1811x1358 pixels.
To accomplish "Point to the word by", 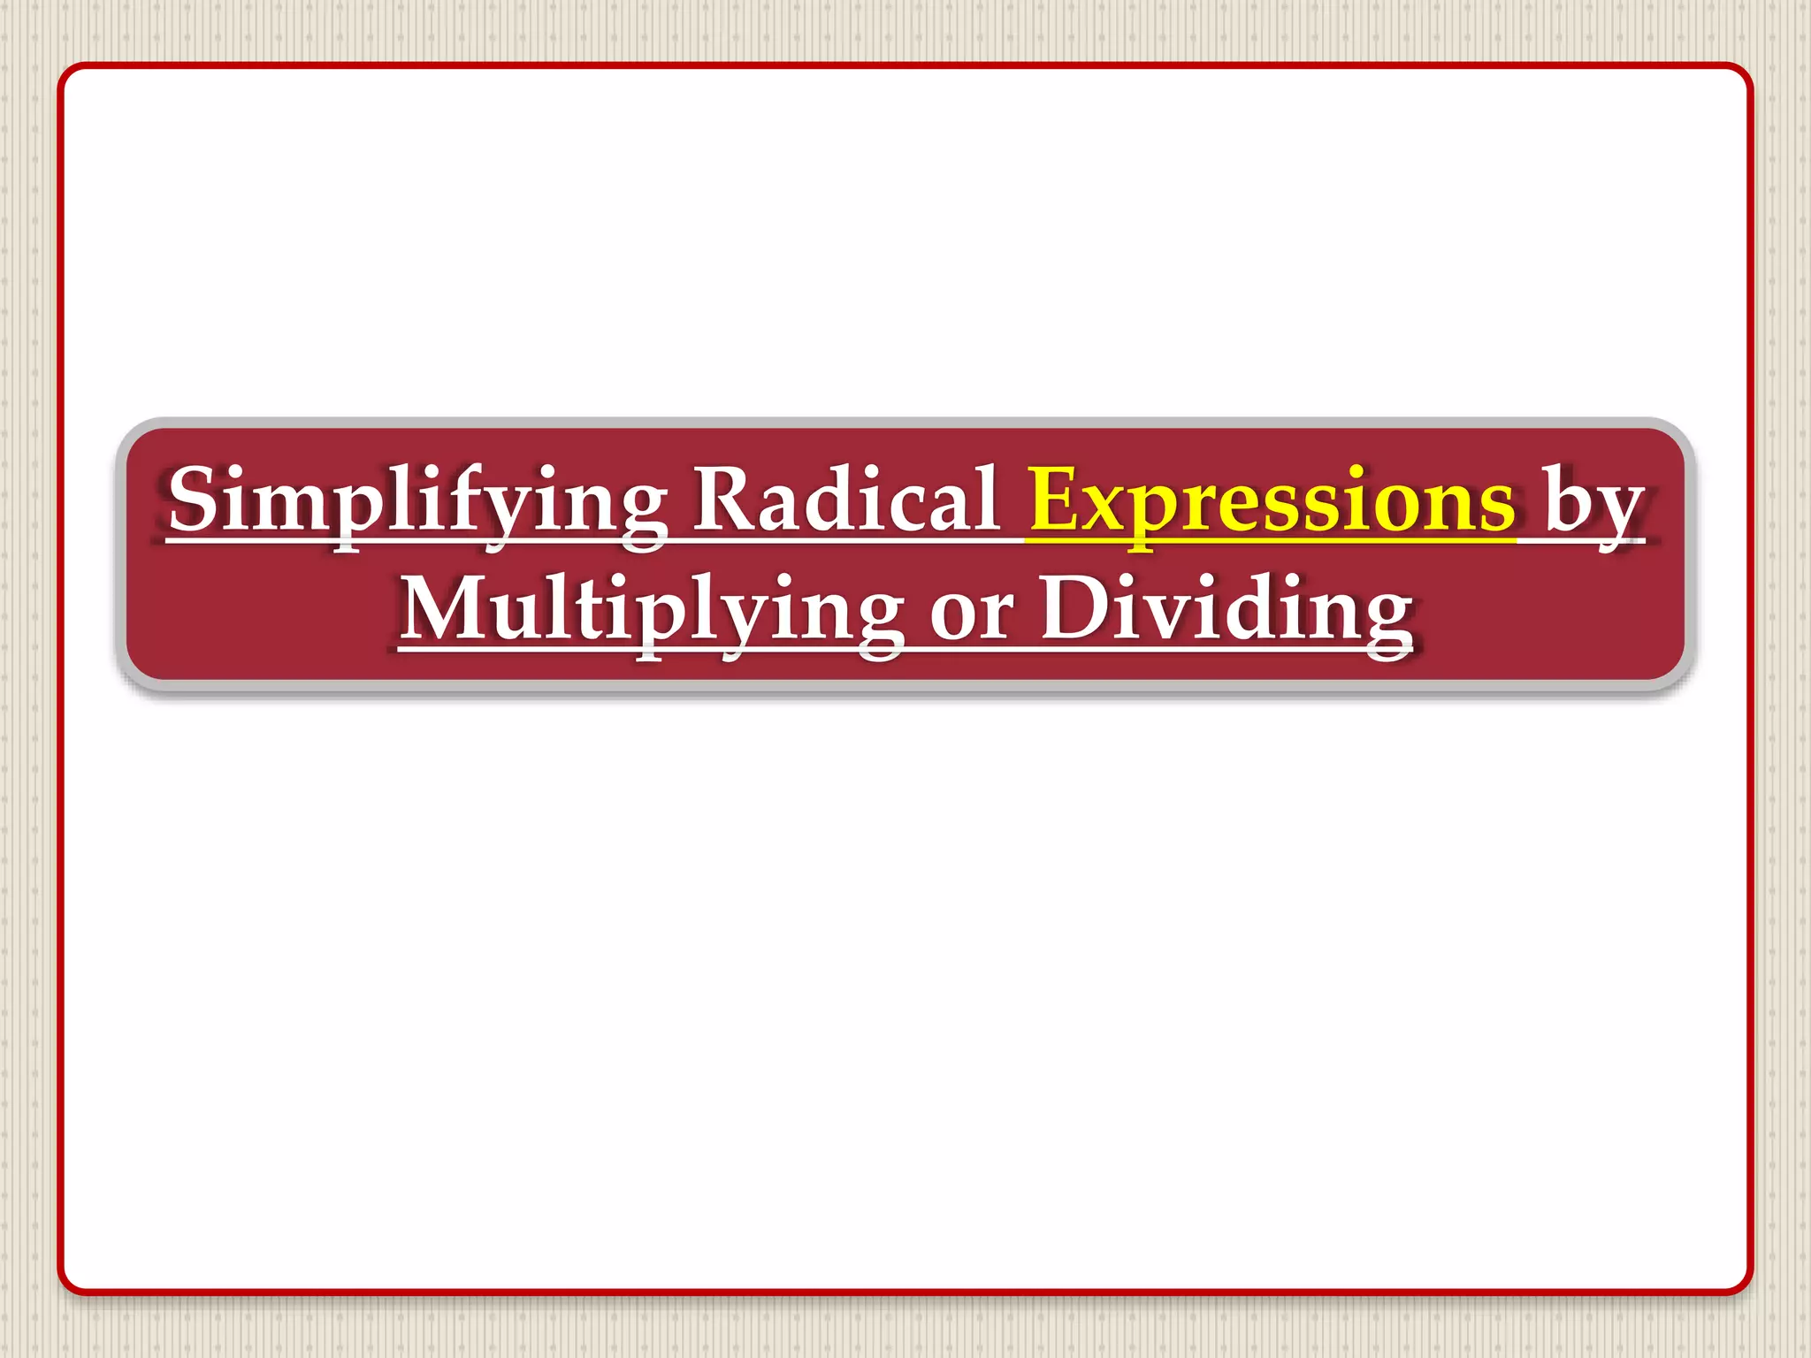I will [1593, 504].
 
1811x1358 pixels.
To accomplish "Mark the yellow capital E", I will [1056, 500].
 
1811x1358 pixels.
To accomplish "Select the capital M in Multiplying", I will [445, 608].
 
